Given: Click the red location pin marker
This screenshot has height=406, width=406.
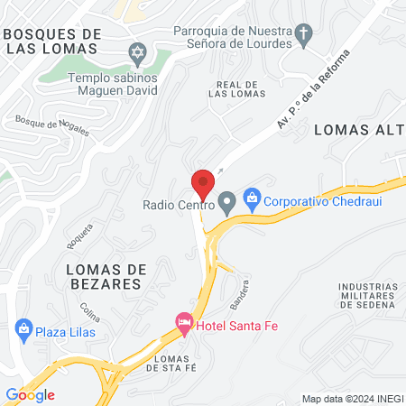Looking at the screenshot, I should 203,183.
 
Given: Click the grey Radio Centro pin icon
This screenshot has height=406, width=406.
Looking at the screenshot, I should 226,200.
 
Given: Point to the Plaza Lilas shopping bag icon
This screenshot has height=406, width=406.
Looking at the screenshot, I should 23,329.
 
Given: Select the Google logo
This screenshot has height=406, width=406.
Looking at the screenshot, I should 30,394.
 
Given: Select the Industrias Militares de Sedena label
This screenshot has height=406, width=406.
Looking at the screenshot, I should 368,296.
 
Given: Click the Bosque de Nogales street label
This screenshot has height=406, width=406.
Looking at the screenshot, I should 52,125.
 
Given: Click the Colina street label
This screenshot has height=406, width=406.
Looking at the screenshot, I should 88,311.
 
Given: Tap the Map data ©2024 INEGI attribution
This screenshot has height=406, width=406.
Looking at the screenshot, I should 350,398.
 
